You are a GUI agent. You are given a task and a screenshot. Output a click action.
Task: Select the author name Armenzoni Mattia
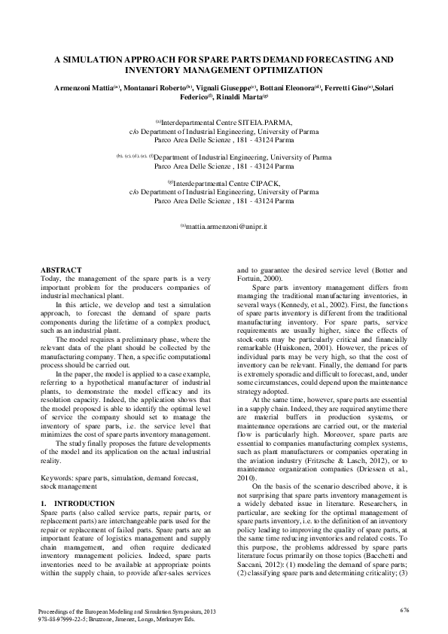[x=84, y=88]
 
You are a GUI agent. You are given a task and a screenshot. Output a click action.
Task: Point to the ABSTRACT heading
[x=60, y=270]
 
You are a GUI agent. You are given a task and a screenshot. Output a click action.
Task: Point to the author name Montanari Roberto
[x=152, y=88]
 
